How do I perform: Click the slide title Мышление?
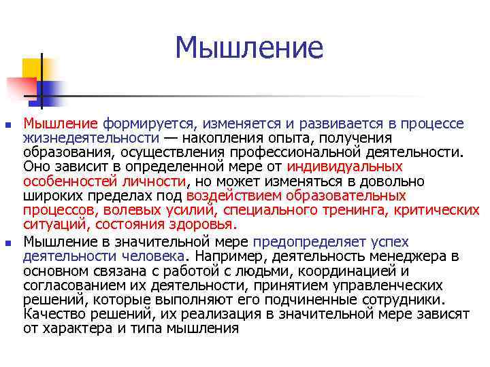248,48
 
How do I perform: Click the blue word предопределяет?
299,241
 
